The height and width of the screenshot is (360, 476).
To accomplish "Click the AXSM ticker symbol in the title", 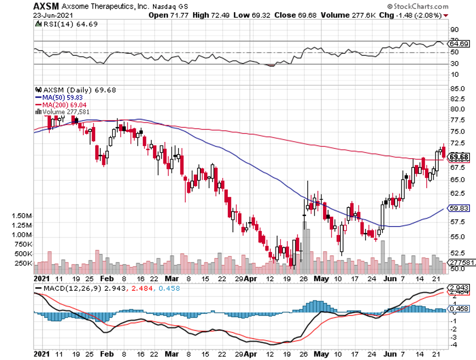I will point(45,6).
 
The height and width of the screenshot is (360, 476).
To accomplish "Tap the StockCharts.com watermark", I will point(416,7).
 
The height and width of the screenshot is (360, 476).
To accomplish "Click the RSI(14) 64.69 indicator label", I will point(58,24).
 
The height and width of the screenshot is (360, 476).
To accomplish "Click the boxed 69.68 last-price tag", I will point(459,157).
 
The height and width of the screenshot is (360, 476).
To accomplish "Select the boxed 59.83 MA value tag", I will point(459,207).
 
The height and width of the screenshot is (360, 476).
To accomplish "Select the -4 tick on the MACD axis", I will point(453,345).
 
